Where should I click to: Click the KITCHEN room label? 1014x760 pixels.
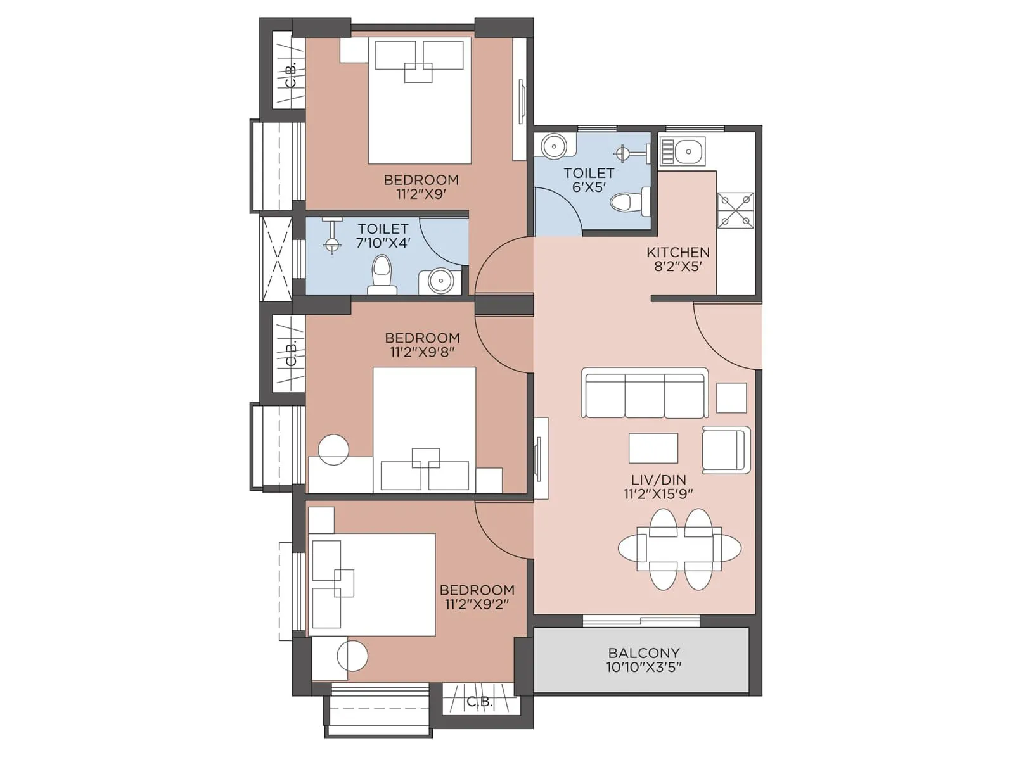tap(677, 252)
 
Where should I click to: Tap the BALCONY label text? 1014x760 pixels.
tap(644, 652)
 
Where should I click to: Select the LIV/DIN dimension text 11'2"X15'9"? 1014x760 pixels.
tap(658, 494)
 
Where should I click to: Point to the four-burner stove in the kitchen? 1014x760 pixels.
tap(735, 210)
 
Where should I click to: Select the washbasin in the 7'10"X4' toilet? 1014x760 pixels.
tap(440, 281)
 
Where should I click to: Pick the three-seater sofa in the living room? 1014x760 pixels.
tap(645, 394)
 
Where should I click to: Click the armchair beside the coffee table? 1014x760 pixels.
tap(726, 450)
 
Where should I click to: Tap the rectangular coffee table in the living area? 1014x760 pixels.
tap(653, 448)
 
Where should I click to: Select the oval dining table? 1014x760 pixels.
tap(679, 548)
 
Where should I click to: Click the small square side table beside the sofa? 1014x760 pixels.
tap(731, 398)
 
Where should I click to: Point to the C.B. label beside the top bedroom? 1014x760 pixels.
tap(290, 75)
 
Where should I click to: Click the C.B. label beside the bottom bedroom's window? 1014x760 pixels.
tap(479, 702)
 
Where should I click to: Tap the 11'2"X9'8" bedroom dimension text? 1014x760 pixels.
tap(422, 352)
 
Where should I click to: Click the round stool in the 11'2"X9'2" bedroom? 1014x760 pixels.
tap(352, 655)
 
